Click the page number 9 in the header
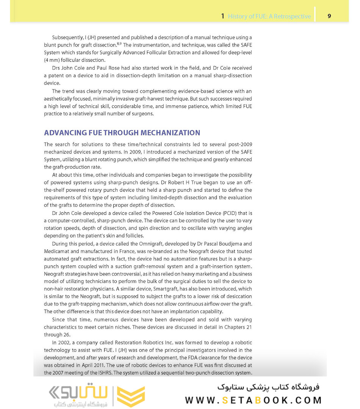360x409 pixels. pyautogui.click(x=329, y=16)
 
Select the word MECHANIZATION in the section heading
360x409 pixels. pyautogui.click(x=171, y=133)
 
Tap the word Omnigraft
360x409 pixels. pyautogui.click(x=131, y=244)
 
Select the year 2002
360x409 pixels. pyautogui.click(x=66, y=343)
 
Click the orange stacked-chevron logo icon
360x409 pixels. pyautogui.click(x=131, y=396)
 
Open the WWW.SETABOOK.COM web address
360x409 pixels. pyautogui.click(x=253, y=400)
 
